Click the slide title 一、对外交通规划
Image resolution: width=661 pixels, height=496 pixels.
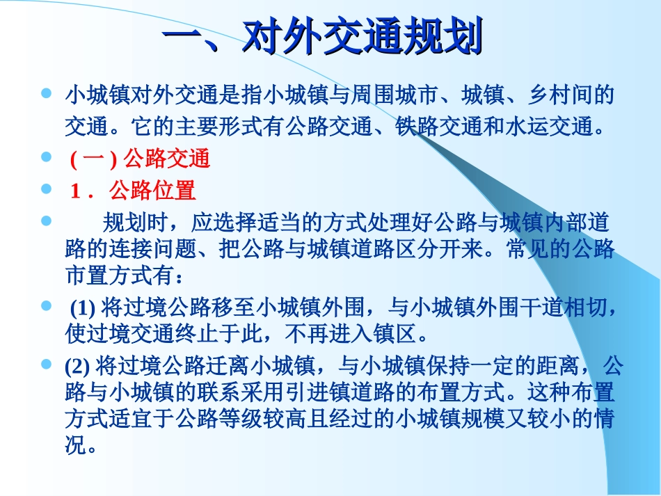point(321,38)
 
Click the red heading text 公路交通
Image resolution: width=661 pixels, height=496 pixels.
point(166,159)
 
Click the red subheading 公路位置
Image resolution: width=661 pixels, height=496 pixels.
point(152,191)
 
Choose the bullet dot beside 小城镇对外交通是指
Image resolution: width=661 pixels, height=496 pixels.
point(47,92)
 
